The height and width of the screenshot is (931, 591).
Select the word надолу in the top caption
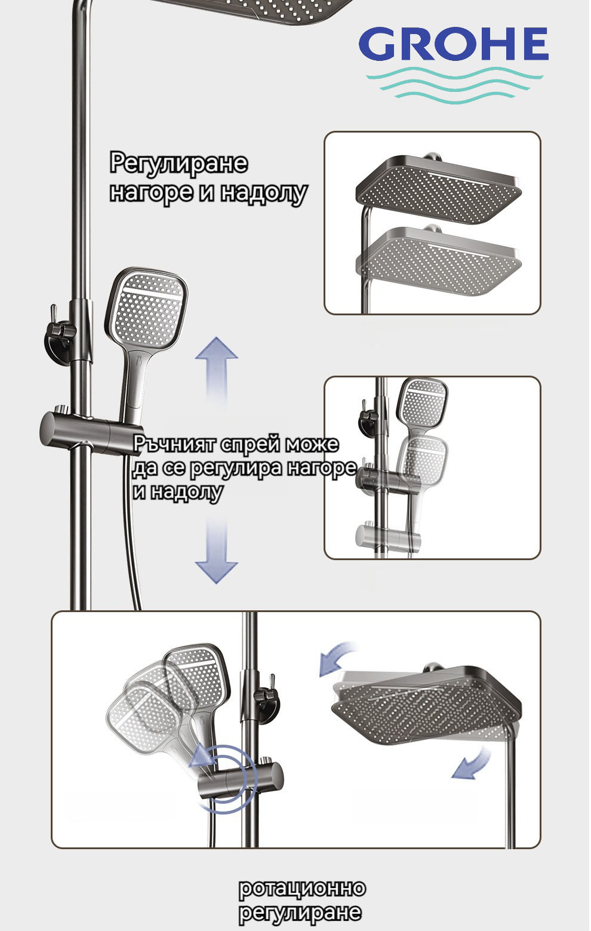[x=264, y=193]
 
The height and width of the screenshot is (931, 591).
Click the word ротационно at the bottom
[x=302, y=888]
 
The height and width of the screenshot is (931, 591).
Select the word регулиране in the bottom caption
[x=300, y=912]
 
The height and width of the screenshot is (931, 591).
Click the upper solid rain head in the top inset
[x=438, y=189]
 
